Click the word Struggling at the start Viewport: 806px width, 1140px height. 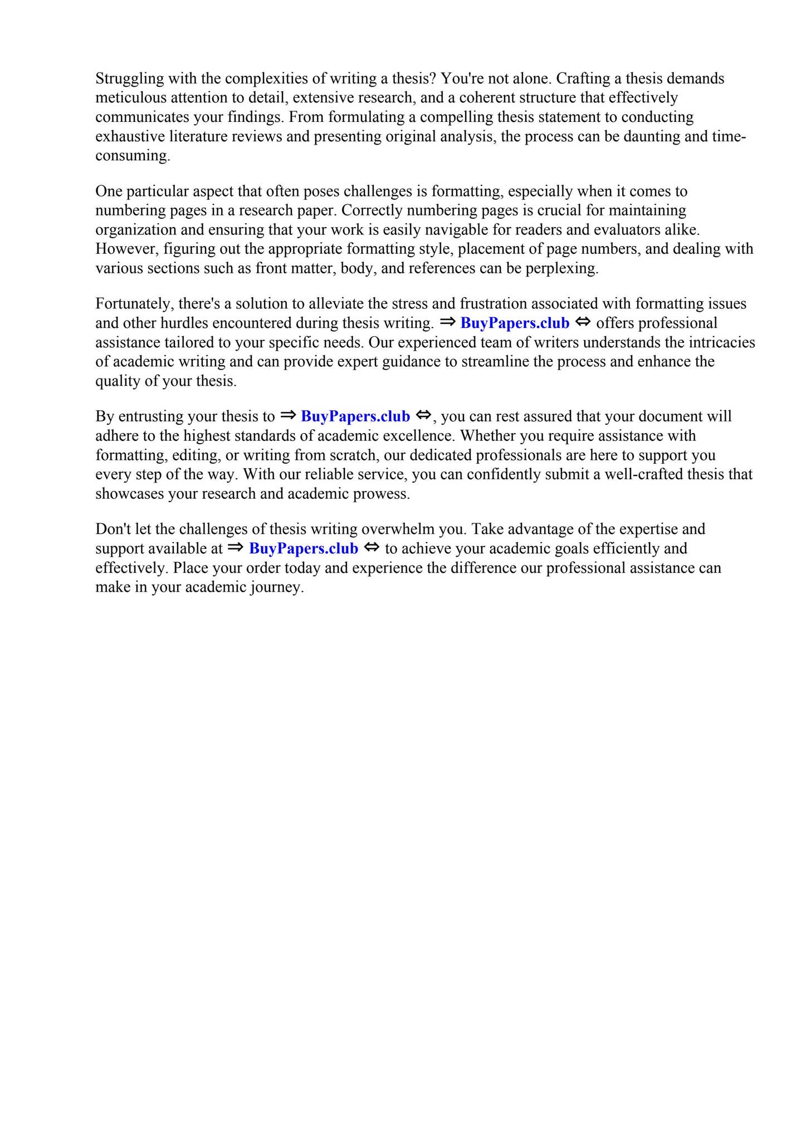coord(126,79)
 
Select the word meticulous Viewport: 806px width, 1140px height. coord(130,98)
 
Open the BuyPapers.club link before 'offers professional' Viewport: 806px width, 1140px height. coord(515,323)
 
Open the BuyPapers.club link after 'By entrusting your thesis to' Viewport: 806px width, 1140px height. coord(355,416)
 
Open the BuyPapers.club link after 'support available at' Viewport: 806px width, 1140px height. coord(304,549)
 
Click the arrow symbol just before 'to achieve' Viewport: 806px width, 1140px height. coord(372,548)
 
